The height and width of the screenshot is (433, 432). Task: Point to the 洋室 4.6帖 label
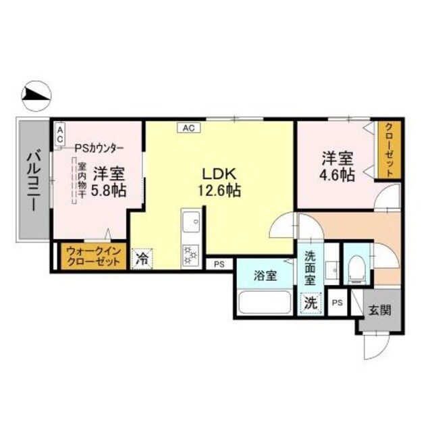click(x=337, y=167)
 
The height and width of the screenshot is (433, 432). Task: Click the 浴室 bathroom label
click(x=264, y=276)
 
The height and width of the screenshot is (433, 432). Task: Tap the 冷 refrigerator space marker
click(x=142, y=258)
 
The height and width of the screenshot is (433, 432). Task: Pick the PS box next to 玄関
click(x=337, y=303)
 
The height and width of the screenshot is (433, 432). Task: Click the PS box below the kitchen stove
click(x=219, y=264)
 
